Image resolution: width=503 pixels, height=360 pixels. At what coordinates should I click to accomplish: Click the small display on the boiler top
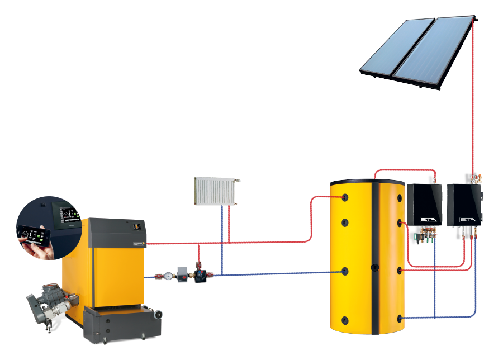click(136, 226)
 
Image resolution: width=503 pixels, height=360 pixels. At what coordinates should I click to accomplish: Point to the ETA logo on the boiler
click(139, 244)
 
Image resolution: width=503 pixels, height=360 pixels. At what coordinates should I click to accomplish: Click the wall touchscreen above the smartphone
click(67, 214)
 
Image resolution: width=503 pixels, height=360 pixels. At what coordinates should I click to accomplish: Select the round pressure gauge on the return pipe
click(168, 276)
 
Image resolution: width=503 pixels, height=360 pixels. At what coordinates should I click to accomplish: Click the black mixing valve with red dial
click(199, 274)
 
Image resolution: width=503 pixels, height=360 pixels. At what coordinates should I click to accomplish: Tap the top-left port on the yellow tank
click(345, 197)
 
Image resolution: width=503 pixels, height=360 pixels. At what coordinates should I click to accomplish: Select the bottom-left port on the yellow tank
click(345, 320)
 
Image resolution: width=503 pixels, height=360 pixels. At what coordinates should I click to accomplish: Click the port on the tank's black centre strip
click(374, 267)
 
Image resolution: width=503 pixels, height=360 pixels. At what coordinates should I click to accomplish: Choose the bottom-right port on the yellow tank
click(400, 319)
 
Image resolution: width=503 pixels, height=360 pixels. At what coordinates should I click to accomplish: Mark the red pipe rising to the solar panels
click(473, 101)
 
